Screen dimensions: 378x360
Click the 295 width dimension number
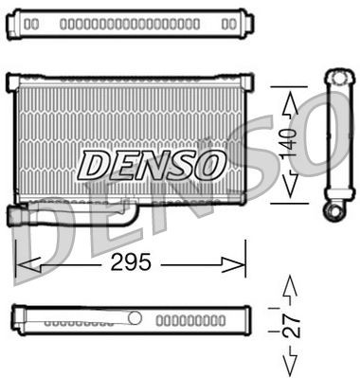(131, 262)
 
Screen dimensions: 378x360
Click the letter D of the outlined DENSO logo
(95, 165)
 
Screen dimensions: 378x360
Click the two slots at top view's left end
(31, 22)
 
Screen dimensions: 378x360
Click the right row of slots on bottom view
(185, 321)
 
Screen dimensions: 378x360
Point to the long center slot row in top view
(129, 22)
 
